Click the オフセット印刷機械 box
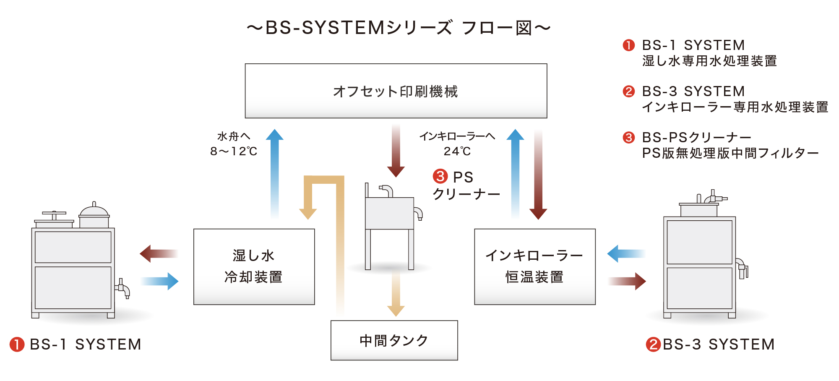click(x=396, y=91)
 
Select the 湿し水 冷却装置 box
click(x=254, y=266)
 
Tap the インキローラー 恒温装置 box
click(x=534, y=266)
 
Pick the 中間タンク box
click(x=394, y=340)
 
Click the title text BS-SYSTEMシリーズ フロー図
click(x=398, y=28)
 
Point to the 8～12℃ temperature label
click(x=234, y=151)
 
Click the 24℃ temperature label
click(x=457, y=151)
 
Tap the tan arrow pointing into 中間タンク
click(x=396, y=294)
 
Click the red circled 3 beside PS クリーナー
click(x=440, y=176)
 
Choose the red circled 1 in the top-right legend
click(x=628, y=45)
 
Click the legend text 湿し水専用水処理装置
click(x=709, y=61)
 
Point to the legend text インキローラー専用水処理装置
click(x=735, y=107)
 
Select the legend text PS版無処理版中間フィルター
click(x=730, y=154)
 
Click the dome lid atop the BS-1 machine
click(x=94, y=211)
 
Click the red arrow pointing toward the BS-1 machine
click(x=159, y=253)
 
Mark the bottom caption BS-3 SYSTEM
click(x=718, y=344)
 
